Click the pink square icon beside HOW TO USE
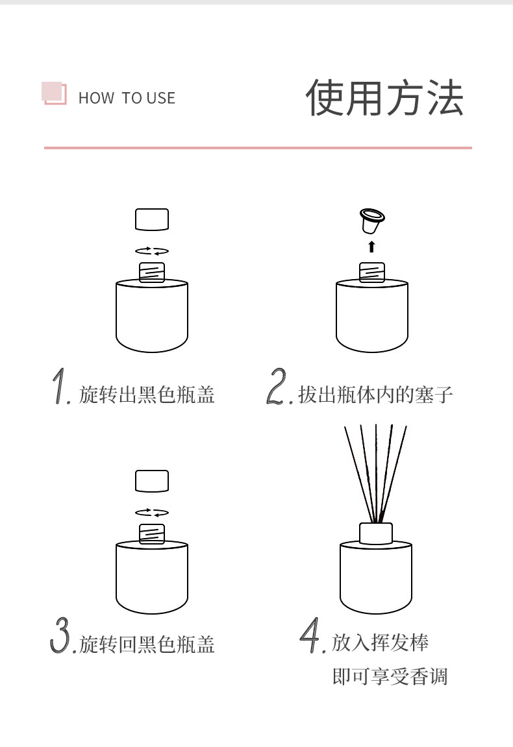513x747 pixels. pos(54,93)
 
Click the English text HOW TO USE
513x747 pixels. pos(127,98)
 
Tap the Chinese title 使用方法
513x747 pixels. pos(384,97)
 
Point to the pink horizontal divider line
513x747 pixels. pos(258,148)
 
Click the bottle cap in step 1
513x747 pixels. pos(151,219)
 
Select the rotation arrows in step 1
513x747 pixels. pos(151,251)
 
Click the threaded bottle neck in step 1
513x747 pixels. pos(151,273)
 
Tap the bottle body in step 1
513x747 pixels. pos(151,316)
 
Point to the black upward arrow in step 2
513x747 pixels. pos(372,247)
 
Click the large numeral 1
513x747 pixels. pos(61,386)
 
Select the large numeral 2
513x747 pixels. pos(277,386)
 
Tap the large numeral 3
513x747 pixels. pos(60,635)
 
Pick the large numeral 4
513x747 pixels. pos(310,635)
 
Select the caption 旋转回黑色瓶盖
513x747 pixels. pos(147,644)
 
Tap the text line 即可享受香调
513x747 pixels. pos(390,676)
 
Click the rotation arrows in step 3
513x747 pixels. pos(151,513)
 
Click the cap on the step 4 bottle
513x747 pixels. pos(376,533)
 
